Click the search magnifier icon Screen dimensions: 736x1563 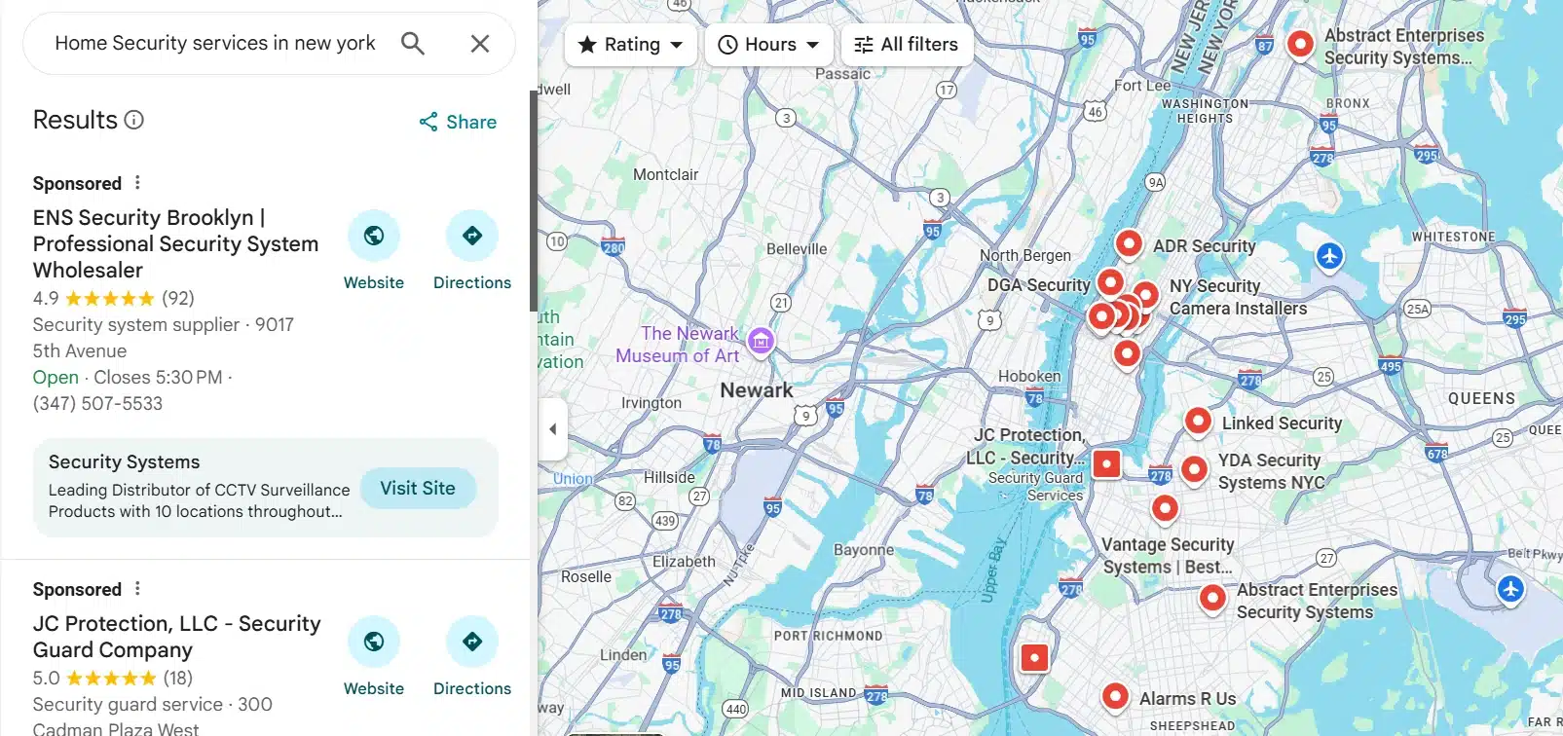413,44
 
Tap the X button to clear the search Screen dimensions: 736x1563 479,44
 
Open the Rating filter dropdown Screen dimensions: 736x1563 630,45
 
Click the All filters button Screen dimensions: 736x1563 906,45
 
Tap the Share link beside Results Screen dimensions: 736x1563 458,122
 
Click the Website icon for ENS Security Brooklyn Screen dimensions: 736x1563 374,236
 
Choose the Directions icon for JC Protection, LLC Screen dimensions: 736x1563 472,642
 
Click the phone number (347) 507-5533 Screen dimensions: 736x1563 97,403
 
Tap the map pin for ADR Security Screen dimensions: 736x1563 1129,242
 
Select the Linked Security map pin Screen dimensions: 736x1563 1198,421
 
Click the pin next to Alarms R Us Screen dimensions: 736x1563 1115,695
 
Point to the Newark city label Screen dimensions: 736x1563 756,389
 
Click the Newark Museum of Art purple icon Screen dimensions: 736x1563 761,341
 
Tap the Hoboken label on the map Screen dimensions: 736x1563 1029,376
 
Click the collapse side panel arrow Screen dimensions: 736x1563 552,428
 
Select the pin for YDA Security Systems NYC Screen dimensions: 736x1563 1195,468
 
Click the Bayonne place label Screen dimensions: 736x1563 863,549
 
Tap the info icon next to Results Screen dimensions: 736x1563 134,120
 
